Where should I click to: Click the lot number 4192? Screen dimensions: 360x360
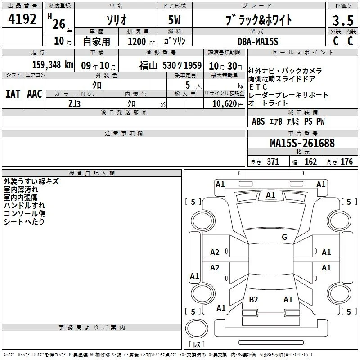click(22, 19)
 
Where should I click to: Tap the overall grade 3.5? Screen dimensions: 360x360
click(343, 20)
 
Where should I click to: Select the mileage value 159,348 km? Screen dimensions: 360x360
click(53, 65)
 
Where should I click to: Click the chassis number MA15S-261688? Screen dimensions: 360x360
click(302, 143)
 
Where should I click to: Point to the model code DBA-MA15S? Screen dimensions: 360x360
click(258, 41)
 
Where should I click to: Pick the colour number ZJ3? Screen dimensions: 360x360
click(74, 104)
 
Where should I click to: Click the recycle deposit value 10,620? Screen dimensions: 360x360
click(225, 104)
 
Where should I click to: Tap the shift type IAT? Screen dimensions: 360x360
click(13, 94)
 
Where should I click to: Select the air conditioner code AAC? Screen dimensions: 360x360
click(35, 94)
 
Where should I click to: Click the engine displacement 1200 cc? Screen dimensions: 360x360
click(141, 41)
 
